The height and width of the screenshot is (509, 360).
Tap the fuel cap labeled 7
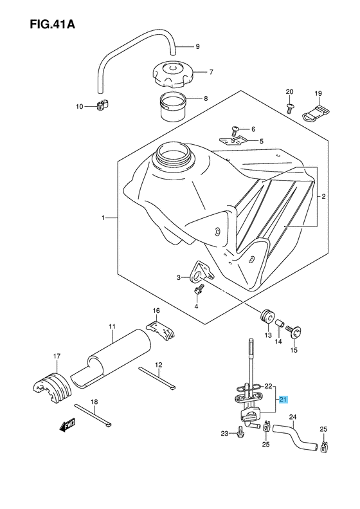pyautogui.click(x=170, y=75)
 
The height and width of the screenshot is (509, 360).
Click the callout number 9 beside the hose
pyautogui.click(x=197, y=46)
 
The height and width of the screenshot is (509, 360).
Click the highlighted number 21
pyautogui.click(x=283, y=400)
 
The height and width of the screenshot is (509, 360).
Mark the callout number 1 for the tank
pyautogui.click(x=103, y=218)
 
